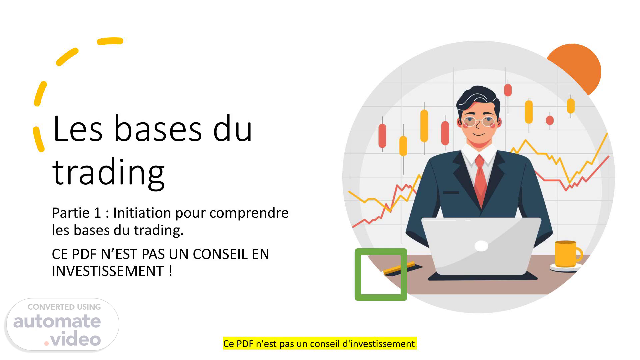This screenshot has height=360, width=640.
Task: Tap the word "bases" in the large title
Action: pyautogui.click(x=158, y=129)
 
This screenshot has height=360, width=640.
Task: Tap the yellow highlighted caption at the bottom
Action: pyautogui.click(x=320, y=343)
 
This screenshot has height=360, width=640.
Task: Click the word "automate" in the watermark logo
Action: pyautogui.click(x=57, y=321)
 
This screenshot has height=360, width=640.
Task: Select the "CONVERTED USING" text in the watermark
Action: pyautogui.click(x=64, y=307)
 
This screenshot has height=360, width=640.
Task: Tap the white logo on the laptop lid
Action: pyautogui.click(x=481, y=246)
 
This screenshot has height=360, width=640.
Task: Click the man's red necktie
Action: pyautogui.click(x=480, y=180)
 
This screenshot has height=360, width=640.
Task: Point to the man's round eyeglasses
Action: pyautogui.click(x=479, y=122)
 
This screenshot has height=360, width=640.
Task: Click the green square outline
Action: pyautogui.click(x=358, y=274)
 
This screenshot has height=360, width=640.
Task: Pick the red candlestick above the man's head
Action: pyautogui.click(x=508, y=90)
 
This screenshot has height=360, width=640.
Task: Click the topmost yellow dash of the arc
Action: pyautogui.click(x=110, y=41)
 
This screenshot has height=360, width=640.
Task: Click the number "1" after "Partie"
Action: pyautogui.click(x=97, y=213)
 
